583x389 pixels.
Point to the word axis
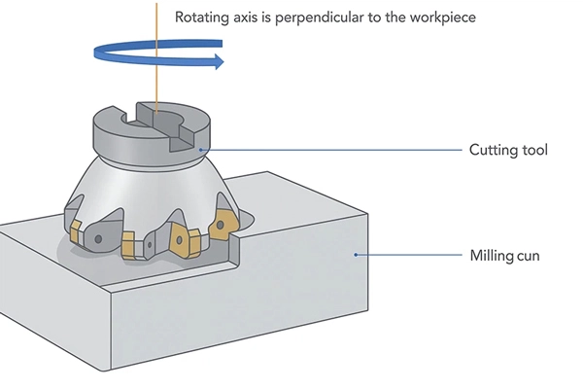tap(250, 18)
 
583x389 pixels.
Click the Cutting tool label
tap(508, 150)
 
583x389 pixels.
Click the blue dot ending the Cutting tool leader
tap(200, 150)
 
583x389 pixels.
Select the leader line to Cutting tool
tap(330, 150)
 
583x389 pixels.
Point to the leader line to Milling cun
tap(408, 256)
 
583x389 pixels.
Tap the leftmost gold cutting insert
tap(76, 230)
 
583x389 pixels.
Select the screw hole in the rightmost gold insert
tap(223, 225)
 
